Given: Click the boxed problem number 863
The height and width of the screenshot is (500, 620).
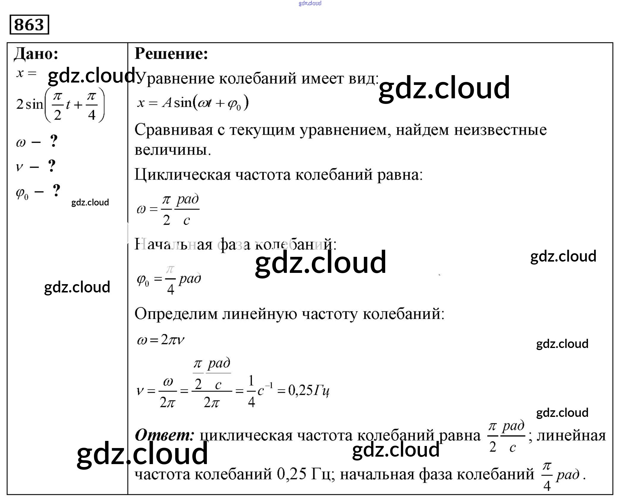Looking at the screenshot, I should [x=29, y=25].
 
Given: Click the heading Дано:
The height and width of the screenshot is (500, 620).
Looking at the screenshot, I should [x=36, y=54].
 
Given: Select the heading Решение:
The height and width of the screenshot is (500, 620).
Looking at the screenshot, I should [x=171, y=54].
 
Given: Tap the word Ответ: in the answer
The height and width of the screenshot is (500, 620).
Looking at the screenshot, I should [x=165, y=435].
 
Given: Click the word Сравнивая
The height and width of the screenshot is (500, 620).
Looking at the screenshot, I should [x=174, y=130].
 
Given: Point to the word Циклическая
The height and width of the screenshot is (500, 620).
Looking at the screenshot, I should [x=182, y=175].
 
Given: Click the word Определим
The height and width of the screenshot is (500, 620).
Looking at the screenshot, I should [x=176, y=314].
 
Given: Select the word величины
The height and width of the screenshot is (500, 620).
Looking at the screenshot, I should [x=172, y=150].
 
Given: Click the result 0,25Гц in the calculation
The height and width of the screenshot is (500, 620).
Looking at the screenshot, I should [x=309, y=391].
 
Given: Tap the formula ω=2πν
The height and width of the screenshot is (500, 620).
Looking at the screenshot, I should [x=160, y=340].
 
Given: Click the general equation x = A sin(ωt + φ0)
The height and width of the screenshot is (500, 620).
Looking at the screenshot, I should [x=193, y=103].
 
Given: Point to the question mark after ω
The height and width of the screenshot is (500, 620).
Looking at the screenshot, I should [x=53, y=141].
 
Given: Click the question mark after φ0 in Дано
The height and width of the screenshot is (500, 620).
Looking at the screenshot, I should [x=56, y=191].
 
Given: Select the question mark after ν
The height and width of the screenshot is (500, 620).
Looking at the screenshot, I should [x=52, y=166].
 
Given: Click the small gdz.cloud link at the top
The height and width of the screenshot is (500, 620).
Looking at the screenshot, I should [x=310, y=3].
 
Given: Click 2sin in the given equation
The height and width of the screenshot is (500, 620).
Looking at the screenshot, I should [x=30, y=104].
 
